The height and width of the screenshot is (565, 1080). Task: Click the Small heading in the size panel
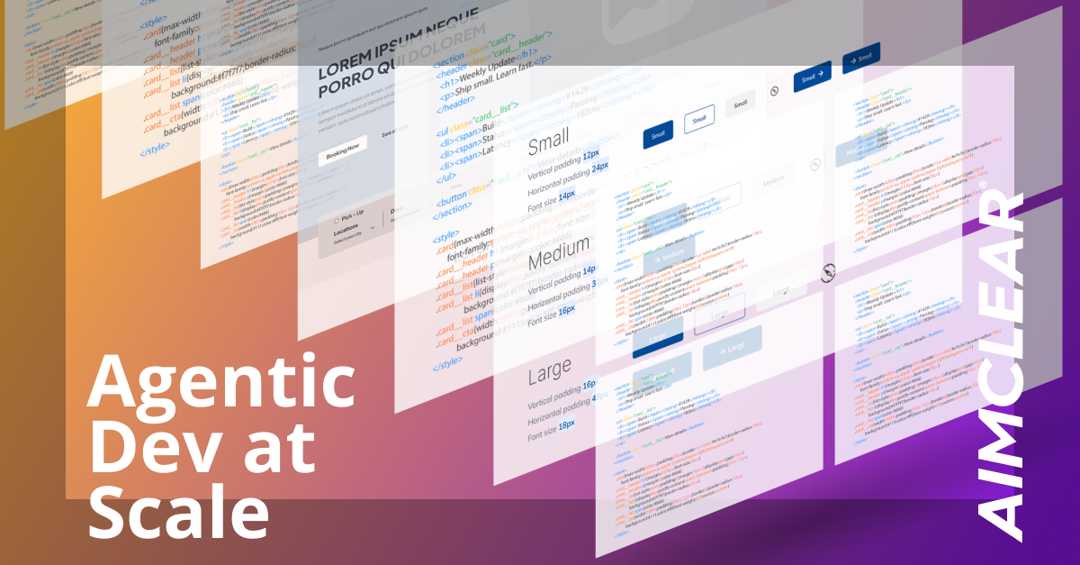[549, 145]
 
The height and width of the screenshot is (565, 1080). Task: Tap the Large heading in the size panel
[550, 369]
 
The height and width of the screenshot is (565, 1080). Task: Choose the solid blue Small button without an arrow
[658, 134]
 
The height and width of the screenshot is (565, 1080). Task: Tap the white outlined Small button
[699, 120]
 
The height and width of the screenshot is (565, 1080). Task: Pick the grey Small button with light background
[740, 105]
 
